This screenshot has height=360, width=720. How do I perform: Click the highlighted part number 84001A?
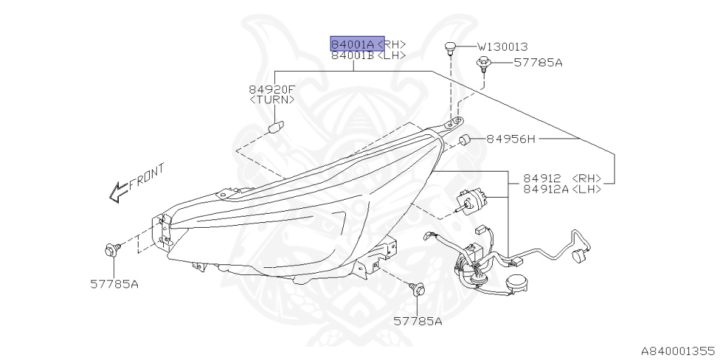point(354,44)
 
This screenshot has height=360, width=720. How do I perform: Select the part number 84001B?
point(352,56)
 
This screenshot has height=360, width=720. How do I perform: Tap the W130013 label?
point(503,47)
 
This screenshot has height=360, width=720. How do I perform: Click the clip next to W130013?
point(450,48)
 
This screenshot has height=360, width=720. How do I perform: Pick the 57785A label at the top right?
point(538,63)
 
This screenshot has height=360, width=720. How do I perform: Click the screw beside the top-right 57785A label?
point(483,65)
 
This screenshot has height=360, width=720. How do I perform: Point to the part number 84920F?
point(272,89)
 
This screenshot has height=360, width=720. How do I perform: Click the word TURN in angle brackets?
point(272,101)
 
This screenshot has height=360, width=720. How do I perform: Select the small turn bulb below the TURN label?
point(275,129)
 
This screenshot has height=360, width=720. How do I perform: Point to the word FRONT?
point(147,176)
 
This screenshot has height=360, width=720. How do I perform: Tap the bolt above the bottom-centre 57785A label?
point(418,288)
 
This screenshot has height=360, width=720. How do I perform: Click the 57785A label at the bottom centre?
point(418,321)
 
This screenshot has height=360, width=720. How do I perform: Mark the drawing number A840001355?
point(676,349)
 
